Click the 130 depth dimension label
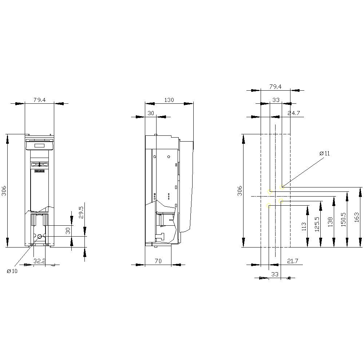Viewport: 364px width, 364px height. coord(169,100)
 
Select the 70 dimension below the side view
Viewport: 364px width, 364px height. coord(158,261)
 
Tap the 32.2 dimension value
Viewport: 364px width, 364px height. coord(39,261)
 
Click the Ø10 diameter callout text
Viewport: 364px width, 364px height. coord(12,271)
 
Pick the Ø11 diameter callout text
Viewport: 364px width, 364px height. coord(324,153)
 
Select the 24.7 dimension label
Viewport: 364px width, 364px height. coord(293,113)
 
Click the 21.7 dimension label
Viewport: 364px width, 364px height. coord(292,261)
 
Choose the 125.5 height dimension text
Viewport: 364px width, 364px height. coord(317,224)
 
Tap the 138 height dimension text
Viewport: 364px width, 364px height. coord(330,222)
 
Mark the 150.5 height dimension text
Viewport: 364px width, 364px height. coord(343,219)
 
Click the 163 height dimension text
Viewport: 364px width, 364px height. coord(356,217)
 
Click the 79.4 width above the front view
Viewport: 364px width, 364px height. coord(40,100)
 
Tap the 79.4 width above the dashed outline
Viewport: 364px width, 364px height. coord(275,87)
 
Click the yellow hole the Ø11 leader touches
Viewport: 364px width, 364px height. coord(282,187)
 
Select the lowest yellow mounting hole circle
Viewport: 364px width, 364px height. coord(269,206)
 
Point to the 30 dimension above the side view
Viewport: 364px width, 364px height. coord(151,113)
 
